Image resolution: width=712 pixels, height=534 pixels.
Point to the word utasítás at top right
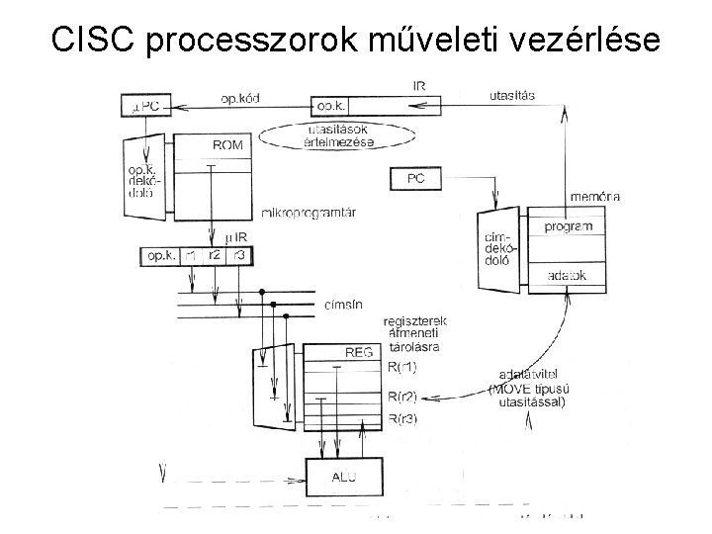click(x=513, y=95)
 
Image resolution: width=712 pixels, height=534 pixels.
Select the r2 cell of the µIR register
click(x=214, y=255)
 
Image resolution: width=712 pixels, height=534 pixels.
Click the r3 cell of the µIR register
click(x=237, y=255)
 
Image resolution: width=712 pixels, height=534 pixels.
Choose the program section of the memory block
click(x=569, y=226)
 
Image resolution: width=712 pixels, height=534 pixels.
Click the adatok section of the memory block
click(x=568, y=274)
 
